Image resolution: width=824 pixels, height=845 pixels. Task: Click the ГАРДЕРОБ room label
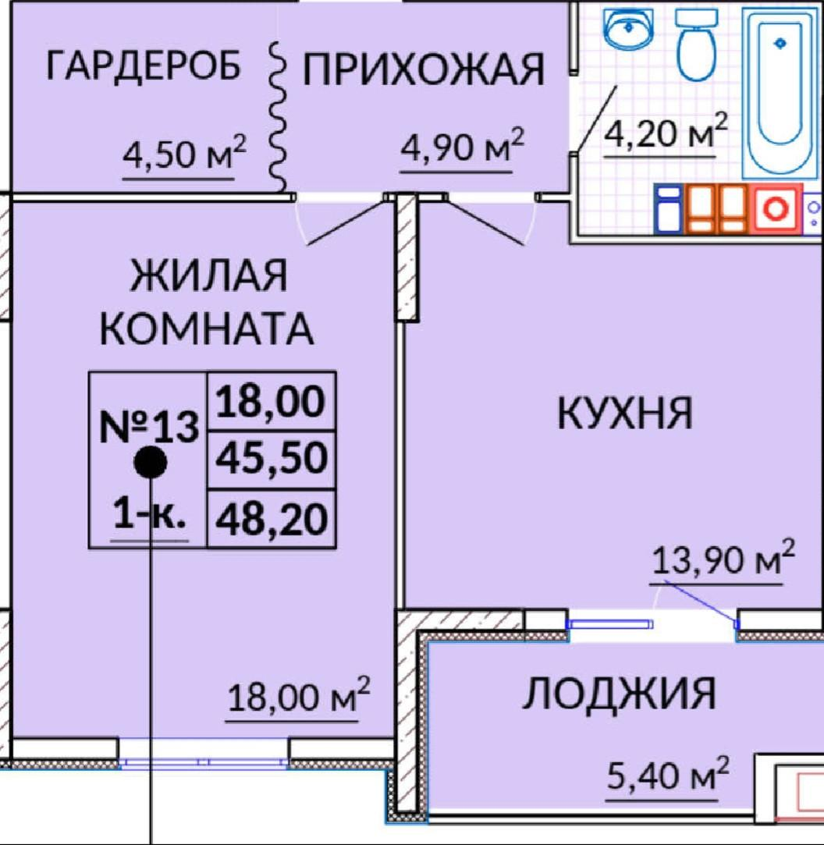[144, 66]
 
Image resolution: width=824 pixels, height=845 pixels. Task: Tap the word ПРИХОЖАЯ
[423, 70]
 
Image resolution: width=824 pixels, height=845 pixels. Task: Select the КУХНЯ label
[624, 413]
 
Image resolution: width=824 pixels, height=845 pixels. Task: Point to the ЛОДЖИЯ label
[619, 693]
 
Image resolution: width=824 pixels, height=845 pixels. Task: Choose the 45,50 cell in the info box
[272, 460]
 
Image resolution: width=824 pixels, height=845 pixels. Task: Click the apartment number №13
[150, 427]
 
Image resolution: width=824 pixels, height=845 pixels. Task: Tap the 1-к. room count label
[149, 516]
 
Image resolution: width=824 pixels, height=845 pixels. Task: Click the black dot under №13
[150, 463]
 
